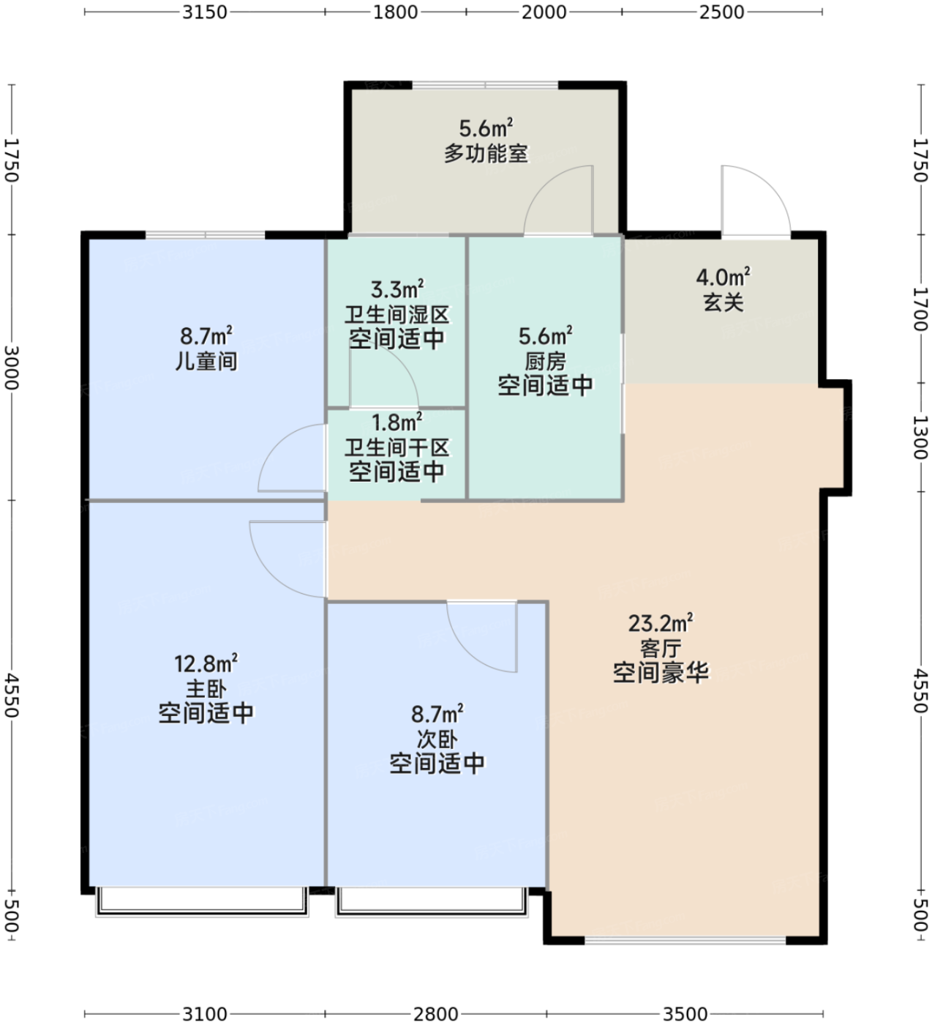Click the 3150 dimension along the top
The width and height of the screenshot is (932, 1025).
click(x=205, y=12)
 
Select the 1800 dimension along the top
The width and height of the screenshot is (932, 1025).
click(x=395, y=12)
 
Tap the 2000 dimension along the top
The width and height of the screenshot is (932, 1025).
click(x=544, y=12)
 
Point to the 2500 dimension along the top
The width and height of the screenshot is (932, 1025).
click(x=721, y=12)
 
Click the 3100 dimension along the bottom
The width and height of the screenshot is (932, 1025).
click(x=205, y=1013)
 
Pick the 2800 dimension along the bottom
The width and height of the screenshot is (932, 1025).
click(x=435, y=1013)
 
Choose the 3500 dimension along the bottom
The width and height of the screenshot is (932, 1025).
click(x=685, y=1013)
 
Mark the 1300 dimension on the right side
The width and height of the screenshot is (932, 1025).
click(x=920, y=437)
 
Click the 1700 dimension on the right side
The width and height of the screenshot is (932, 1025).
click(x=920, y=309)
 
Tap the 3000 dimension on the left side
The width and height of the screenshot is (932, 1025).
click(x=12, y=368)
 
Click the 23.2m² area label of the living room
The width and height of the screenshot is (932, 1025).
click(x=661, y=623)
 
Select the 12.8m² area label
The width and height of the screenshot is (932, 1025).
click(x=206, y=664)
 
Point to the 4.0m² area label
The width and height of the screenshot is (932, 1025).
click(x=723, y=277)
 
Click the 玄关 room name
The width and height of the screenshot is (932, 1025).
click(x=723, y=302)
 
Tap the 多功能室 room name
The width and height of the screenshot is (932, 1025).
click(x=486, y=153)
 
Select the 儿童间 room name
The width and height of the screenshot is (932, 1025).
click(x=206, y=361)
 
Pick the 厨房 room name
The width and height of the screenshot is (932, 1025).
click(x=545, y=361)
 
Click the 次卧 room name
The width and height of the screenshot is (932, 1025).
click(x=437, y=739)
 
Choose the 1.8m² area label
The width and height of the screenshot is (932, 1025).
click(x=397, y=422)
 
